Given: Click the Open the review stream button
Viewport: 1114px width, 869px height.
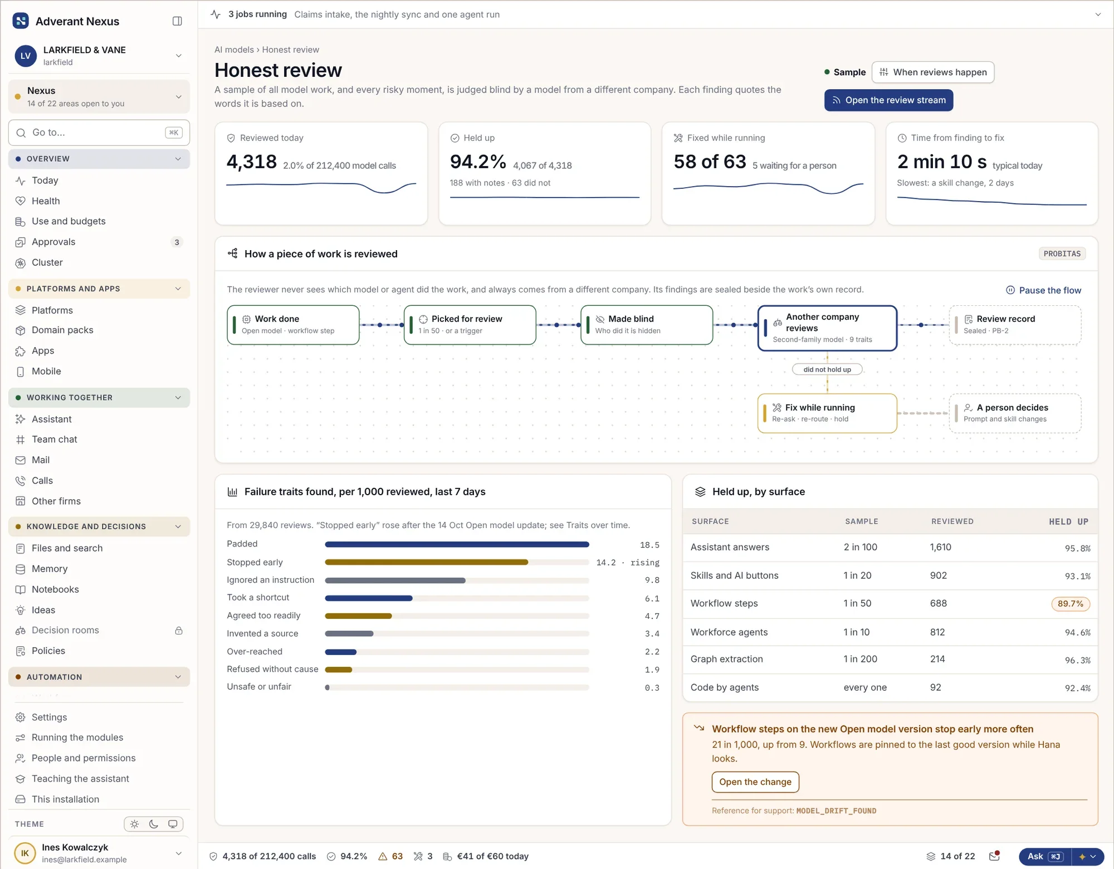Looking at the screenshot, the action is click(888, 100).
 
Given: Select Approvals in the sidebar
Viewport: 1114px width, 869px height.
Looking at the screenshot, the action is click(53, 242).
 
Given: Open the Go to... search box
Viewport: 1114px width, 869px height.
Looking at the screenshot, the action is click(99, 133).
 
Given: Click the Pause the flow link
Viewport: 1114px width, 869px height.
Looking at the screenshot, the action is click(1043, 290).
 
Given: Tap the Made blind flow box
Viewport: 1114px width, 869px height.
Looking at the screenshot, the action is click(647, 325).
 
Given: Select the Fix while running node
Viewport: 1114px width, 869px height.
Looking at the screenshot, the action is click(827, 413).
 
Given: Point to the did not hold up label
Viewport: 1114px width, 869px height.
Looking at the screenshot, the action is click(827, 369).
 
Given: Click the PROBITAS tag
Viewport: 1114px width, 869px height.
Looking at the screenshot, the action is click(1062, 253).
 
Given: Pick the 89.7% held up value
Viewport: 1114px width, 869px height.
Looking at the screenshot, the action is click(1070, 604).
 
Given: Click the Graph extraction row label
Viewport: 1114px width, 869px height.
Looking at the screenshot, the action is click(726, 659).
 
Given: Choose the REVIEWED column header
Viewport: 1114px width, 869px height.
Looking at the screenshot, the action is click(952, 521).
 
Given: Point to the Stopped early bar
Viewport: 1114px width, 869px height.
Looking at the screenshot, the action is click(426, 562).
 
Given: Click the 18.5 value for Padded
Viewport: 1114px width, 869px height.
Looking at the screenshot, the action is click(649, 545).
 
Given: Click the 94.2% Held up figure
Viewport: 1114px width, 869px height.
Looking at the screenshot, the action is click(478, 162).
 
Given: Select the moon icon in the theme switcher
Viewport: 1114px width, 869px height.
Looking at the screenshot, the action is click(154, 824).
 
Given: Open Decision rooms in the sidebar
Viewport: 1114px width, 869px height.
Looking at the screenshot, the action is click(65, 630).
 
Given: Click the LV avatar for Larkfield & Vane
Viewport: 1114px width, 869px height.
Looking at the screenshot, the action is click(26, 56).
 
